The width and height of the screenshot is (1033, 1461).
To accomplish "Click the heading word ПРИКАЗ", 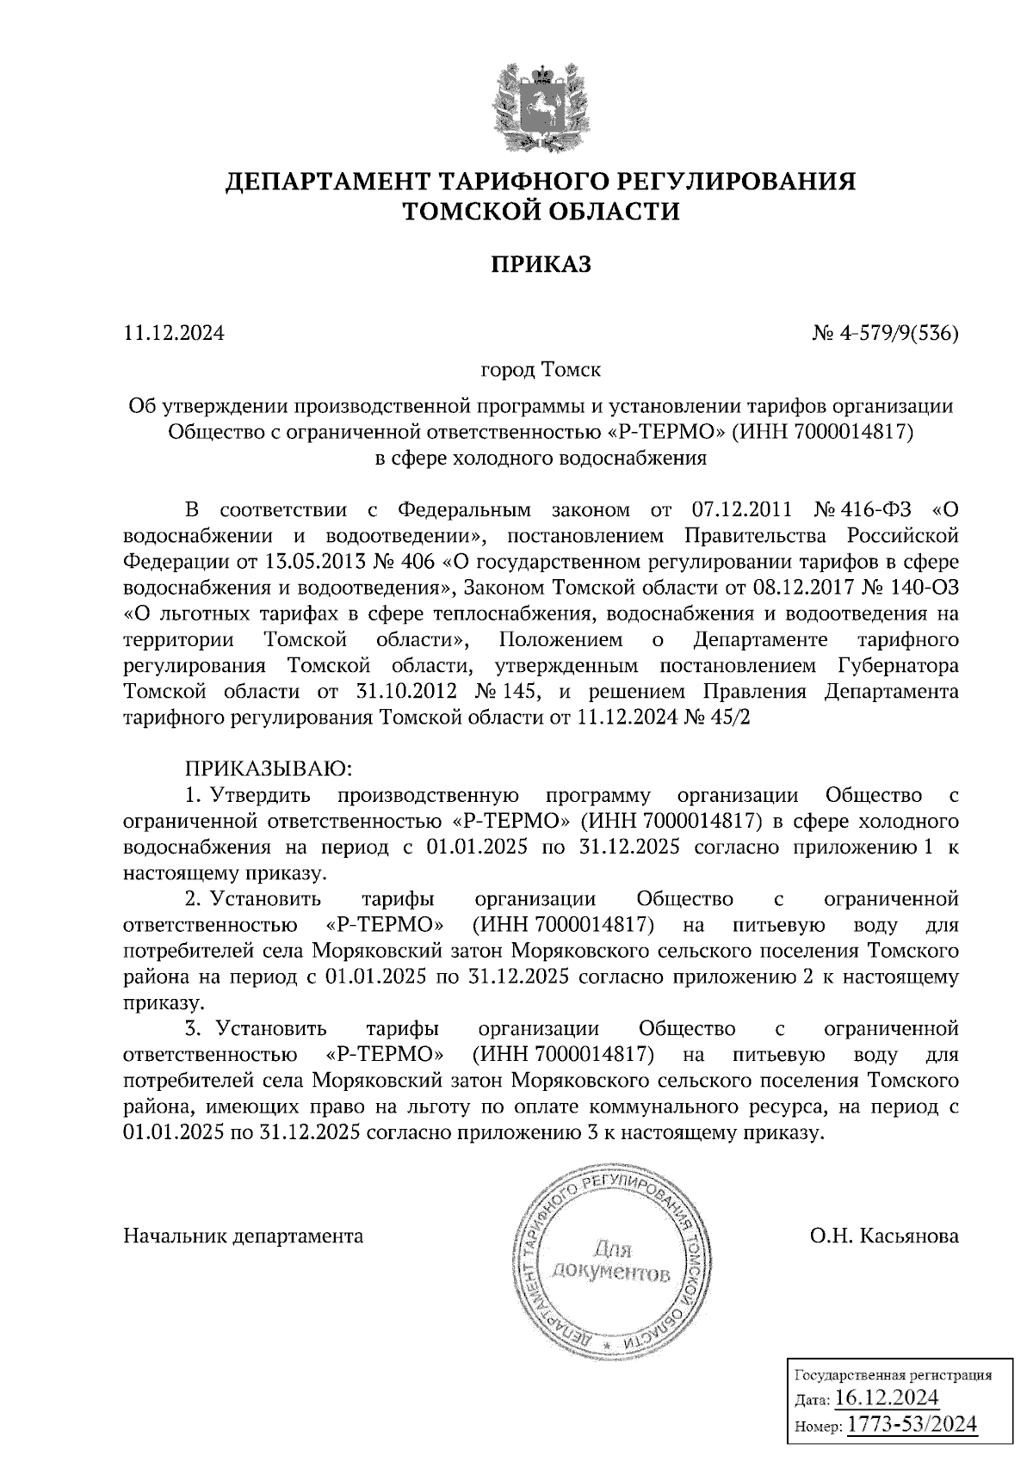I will [x=541, y=265].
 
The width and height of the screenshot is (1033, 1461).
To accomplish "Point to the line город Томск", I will [x=541, y=371].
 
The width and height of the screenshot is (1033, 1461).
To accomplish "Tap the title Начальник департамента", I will [x=244, y=1236].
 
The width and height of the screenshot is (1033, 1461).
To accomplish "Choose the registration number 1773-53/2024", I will [x=912, y=1424].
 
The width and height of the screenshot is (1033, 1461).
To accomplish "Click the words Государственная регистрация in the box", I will [x=891, y=1375].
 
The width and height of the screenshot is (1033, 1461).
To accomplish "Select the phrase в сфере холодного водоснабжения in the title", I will [x=541, y=459].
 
